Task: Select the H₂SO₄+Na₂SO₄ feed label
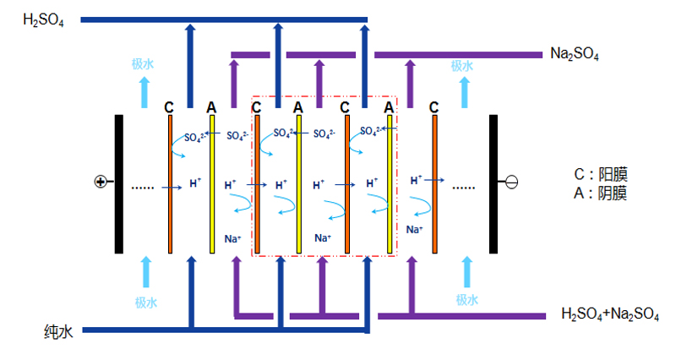pyautogui.click(x=610, y=314)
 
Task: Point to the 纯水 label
pyautogui.click(x=59, y=331)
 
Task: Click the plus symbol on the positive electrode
pyautogui.click(x=100, y=182)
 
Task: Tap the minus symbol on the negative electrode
pyautogui.click(x=511, y=182)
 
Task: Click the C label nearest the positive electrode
pyautogui.click(x=169, y=107)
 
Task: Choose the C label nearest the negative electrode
pyautogui.click(x=433, y=107)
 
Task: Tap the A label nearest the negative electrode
pyautogui.click(x=389, y=107)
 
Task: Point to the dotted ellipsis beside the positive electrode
pyautogui.click(x=142, y=186)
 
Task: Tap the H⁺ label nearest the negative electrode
pyautogui.click(x=416, y=180)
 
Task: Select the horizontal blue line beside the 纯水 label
pyautogui.click(x=135, y=329)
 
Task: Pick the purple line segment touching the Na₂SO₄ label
pyautogui.click(x=456, y=55)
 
